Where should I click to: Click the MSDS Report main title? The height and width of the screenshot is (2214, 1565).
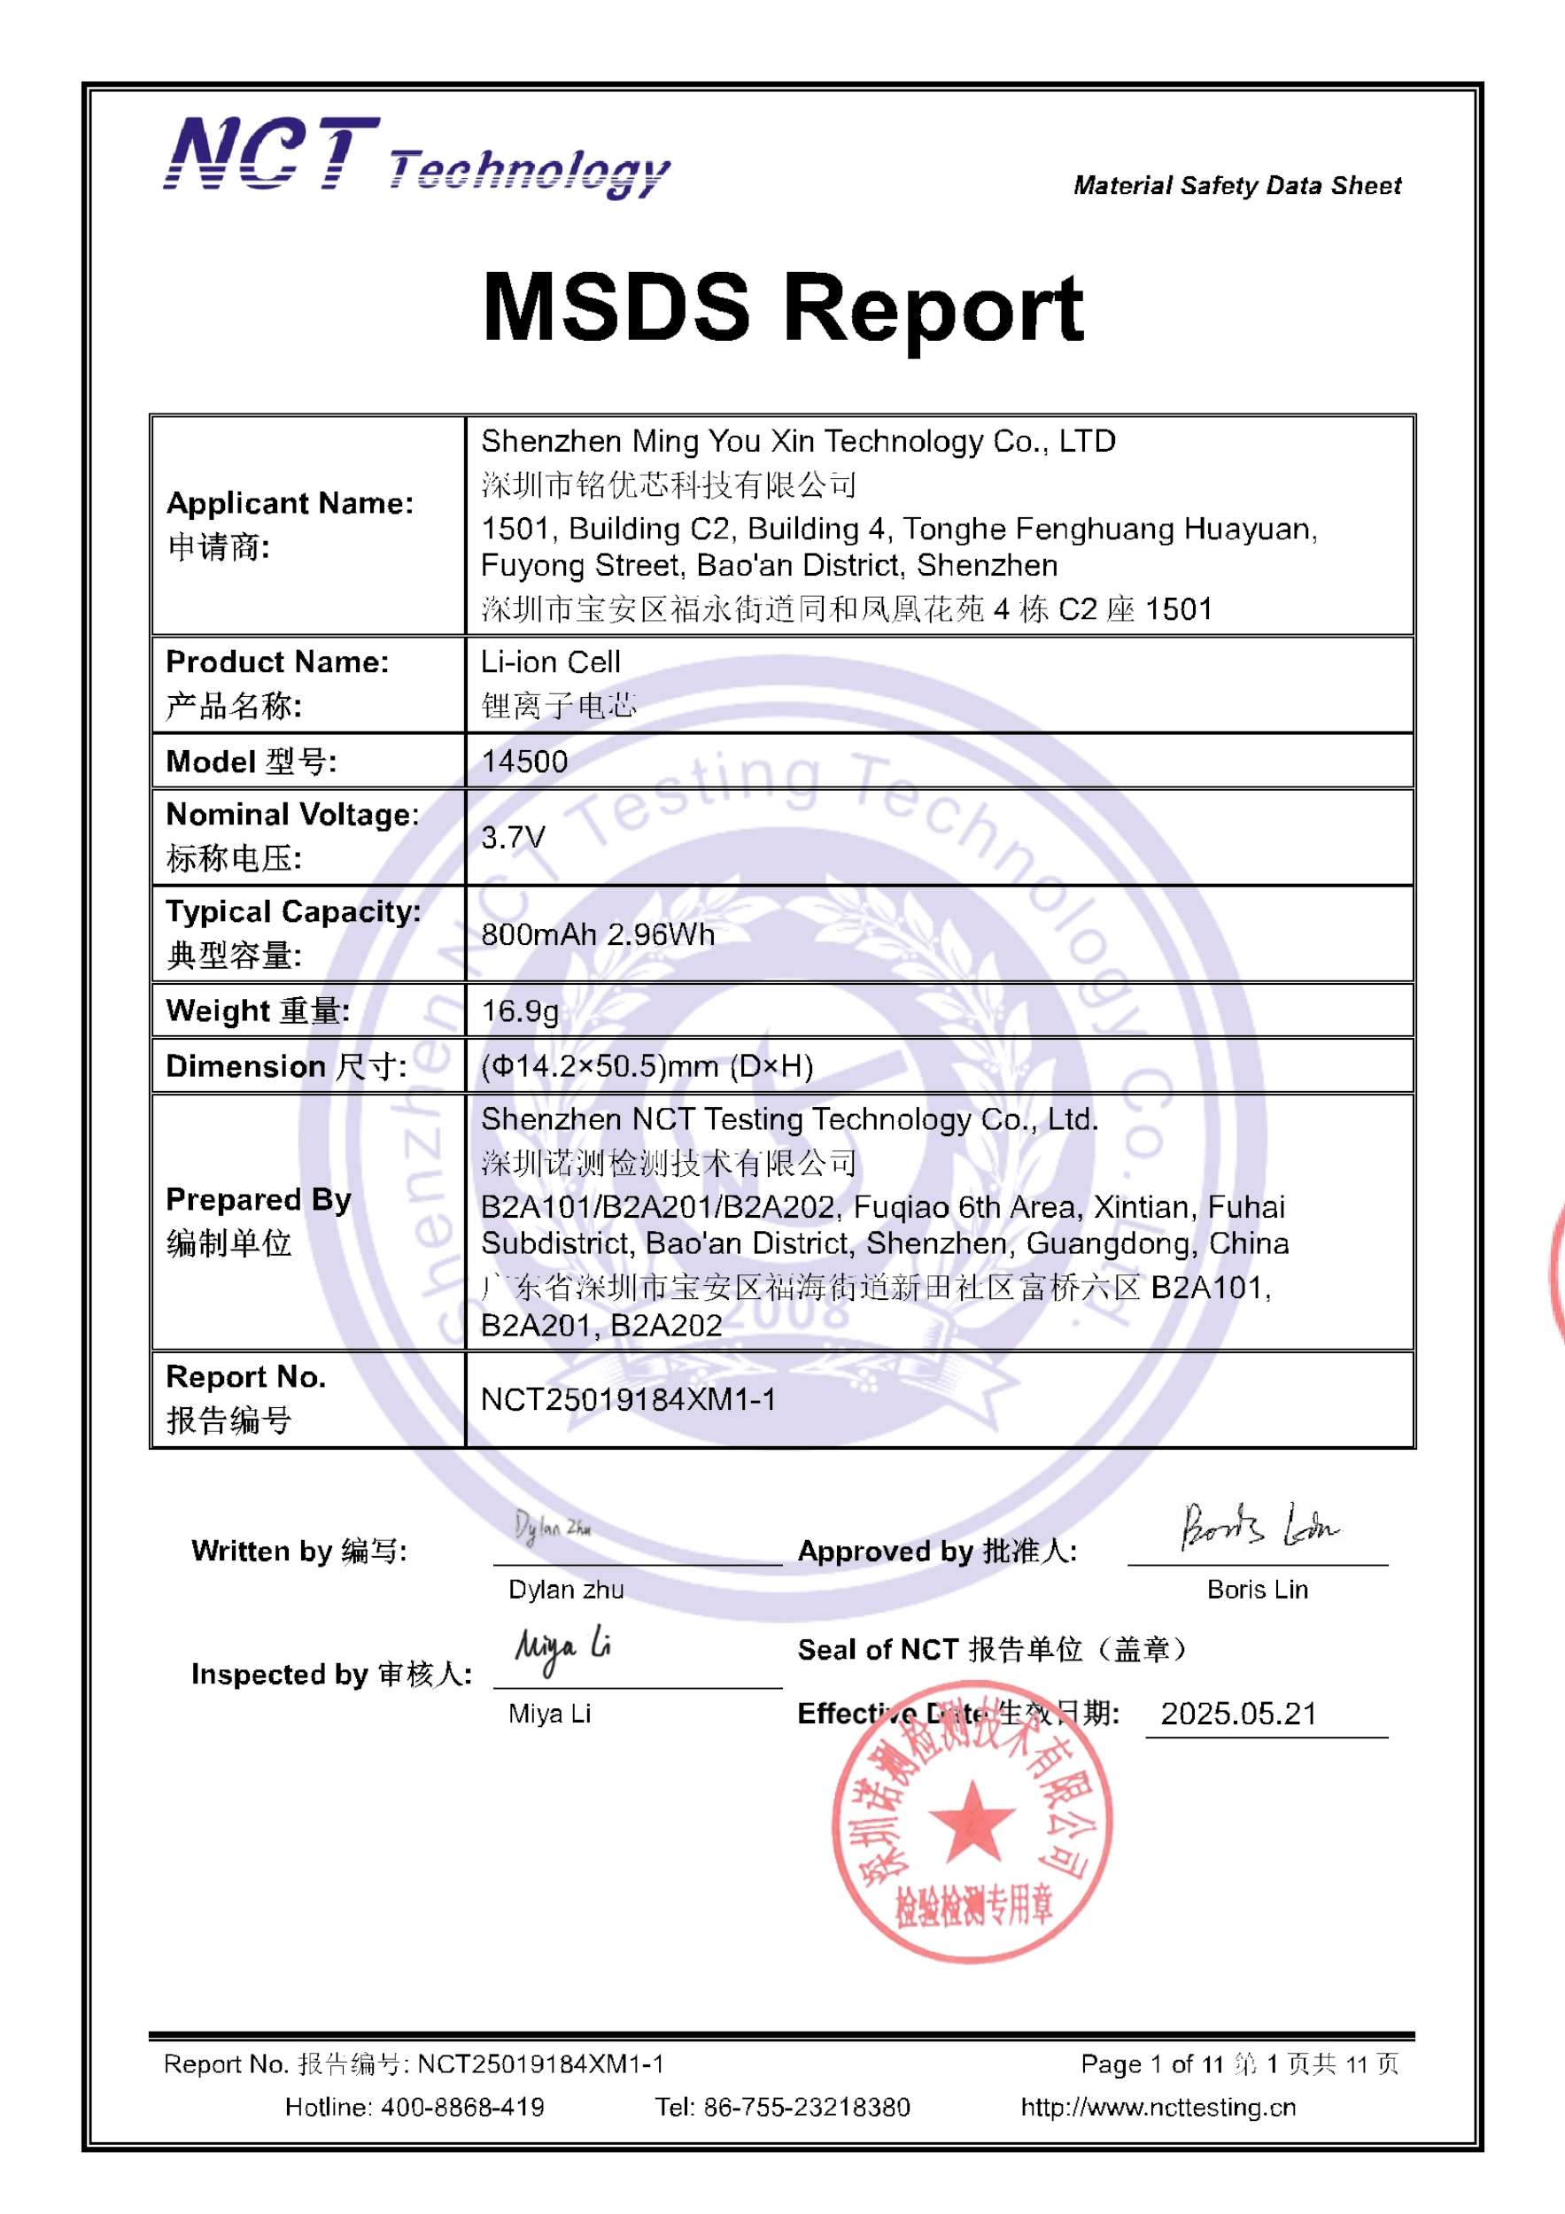click(x=782, y=307)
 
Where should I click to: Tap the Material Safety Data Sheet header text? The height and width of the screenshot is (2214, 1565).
click(x=1236, y=185)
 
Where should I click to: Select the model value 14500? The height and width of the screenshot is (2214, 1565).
click(x=524, y=761)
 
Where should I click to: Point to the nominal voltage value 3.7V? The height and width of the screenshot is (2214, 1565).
click(x=513, y=837)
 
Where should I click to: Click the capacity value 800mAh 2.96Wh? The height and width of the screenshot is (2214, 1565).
click(x=598, y=933)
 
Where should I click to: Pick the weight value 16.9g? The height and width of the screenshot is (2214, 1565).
click(x=520, y=1010)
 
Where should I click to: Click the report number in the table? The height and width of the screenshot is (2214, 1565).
click(x=628, y=1399)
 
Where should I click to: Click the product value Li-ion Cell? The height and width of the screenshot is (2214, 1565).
click(x=551, y=662)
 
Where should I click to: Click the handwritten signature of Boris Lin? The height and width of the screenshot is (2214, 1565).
click(x=1259, y=1528)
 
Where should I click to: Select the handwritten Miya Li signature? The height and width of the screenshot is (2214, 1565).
click(x=562, y=1651)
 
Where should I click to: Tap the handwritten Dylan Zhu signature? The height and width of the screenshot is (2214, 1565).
click(x=552, y=1527)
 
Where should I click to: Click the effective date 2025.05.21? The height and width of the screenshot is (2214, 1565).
click(x=1238, y=1713)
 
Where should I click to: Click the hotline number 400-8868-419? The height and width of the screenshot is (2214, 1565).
click(x=463, y=2106)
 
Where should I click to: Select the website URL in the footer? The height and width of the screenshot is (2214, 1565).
click(x=1158, y=2106)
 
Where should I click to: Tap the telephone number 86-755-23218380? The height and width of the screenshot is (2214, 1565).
click(x=806, y=2106)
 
